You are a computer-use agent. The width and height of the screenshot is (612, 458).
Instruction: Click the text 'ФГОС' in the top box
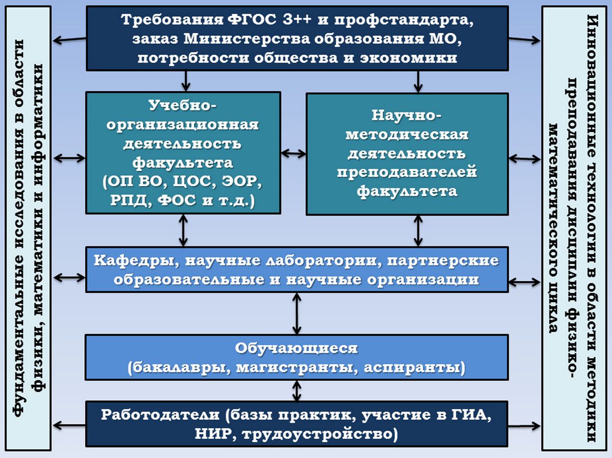252,20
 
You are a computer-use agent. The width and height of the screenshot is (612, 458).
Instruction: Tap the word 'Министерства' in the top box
247,39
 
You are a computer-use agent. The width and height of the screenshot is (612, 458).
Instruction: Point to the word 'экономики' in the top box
409,58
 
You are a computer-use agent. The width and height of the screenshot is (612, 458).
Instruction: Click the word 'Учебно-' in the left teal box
183,105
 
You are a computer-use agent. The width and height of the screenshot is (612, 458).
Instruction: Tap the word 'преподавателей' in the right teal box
407,172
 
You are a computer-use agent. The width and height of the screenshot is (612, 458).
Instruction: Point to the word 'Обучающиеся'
296,348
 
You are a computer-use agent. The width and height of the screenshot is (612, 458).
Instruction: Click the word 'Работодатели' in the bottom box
160,415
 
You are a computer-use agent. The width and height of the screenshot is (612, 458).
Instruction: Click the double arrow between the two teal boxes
293,153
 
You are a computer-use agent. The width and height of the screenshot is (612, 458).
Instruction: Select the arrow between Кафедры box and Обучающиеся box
297,313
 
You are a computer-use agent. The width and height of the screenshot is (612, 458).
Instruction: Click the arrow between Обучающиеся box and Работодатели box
297,391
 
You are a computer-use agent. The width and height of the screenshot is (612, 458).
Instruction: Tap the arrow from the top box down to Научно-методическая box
418,82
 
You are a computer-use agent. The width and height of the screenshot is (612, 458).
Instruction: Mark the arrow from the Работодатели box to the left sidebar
69,425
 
